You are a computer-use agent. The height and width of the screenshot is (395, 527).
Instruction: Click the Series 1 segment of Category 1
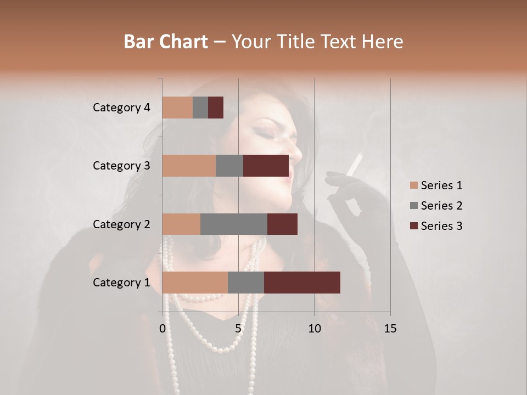coord(194,283)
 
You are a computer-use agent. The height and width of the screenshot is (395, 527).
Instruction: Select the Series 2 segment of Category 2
coord(233,224)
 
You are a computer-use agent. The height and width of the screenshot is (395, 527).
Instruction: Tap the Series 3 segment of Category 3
coord(266,166)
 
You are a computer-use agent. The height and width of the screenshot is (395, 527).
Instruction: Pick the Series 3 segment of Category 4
coord(216,108)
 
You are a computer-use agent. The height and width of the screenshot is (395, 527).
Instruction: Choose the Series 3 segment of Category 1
coord(302,283)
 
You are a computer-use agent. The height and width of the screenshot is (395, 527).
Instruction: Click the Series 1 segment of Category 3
coord(188,166)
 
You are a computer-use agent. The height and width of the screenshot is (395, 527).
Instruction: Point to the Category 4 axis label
coord(121,108)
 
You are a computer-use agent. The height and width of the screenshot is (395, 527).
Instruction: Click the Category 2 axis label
coord(121,224)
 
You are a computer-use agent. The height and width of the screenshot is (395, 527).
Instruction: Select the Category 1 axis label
coord(121,283)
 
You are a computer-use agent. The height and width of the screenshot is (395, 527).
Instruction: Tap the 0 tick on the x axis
coord(162,329)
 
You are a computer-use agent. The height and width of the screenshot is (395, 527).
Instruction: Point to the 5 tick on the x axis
coord(238,329)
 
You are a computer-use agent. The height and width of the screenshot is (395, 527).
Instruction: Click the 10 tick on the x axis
coord(314,329)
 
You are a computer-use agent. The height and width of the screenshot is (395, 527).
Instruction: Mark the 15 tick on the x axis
coord(390,329)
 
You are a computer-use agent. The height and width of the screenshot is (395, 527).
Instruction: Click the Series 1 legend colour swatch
coord(413,185)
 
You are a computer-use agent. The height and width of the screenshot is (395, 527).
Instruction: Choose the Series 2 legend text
coord(441,206)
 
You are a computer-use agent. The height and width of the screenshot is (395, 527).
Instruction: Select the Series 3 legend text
coord(441,226)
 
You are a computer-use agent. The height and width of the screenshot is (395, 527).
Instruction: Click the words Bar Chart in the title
coord(166,41)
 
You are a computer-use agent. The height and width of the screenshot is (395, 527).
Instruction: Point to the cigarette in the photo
coord(355,163)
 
